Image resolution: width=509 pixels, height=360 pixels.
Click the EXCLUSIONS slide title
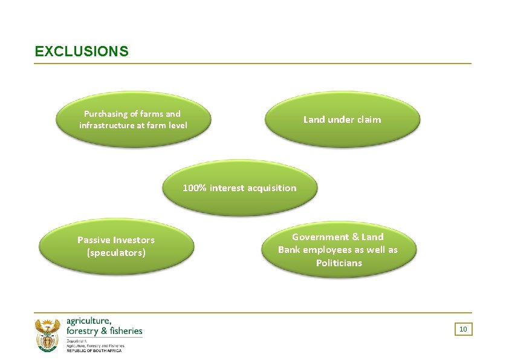pyautogui.click(x=82, y=51)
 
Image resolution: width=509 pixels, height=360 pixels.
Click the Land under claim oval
pyautogui.click(x=342, y=119)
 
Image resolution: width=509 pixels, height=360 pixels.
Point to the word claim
pyautogui.click(x=369, y=120)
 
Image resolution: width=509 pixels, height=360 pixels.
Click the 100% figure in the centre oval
pyautogui.click(x=195, y=188)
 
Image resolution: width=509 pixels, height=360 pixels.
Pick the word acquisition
pyautogui.click(x=271, y=188)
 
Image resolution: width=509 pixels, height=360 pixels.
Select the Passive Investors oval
pyautogui.click(x=116, y=246)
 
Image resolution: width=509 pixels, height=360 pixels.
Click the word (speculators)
pyautogui.click(x=116, y=253)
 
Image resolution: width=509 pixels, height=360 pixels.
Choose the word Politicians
pyautogui.click(x=339, y=263)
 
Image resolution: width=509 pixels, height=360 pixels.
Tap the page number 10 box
pyautogui.click(x=463, y=329)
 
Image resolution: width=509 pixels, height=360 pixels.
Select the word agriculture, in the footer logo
pyautogui.click(x=89, y=321)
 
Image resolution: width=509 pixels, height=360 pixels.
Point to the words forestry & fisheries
pyautogui.click(x=104, y=331)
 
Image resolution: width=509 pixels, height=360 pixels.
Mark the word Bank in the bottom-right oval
pyautogui.click(x=290, y=250)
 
